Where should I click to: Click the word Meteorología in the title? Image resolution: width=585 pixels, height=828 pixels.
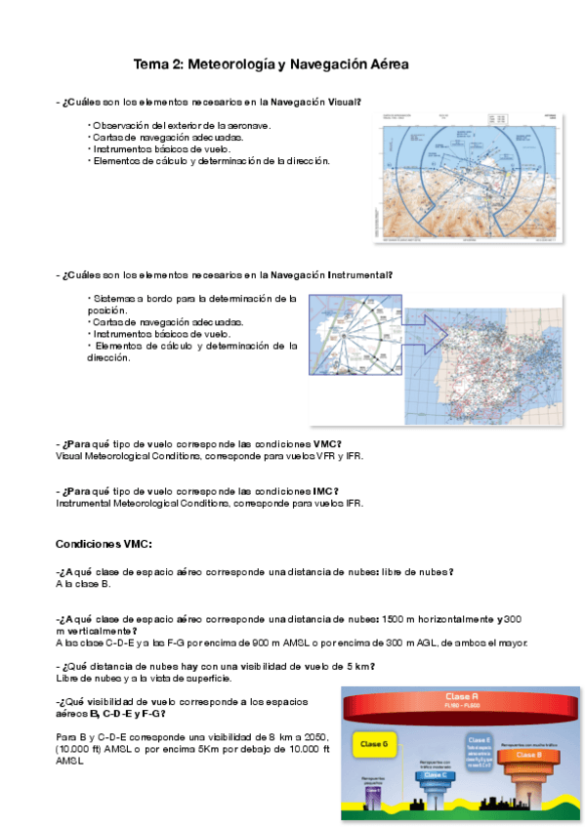click(230, 64)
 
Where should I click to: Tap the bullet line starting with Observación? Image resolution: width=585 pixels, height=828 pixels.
click(181, 125)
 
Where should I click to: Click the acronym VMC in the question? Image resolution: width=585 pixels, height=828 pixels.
click(326, 443)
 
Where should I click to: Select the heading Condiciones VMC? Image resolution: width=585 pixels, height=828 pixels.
click(104, 543)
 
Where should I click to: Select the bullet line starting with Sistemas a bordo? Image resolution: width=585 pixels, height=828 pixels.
click(190, 298)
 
